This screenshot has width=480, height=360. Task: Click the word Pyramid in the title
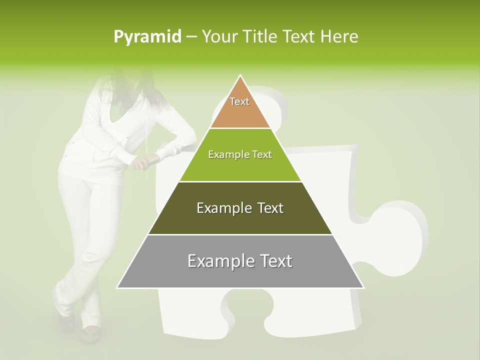pos(147,37)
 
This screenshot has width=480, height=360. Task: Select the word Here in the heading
pos(339,36)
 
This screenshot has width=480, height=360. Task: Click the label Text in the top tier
pos(239,101)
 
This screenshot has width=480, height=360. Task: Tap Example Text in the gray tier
pos(240,261)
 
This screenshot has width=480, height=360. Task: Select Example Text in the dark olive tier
pos(240,208)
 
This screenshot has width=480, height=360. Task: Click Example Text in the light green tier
pos(240,154)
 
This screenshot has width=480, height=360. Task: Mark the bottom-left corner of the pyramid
pos(117,288)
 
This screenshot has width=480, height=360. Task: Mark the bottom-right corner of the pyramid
pos(364,288)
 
